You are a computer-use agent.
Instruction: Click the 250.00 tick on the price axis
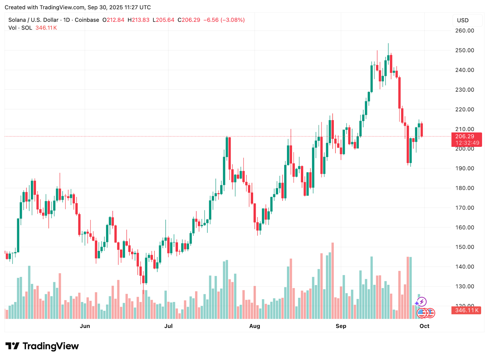(x=465, y=50)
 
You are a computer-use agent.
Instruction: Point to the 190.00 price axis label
(x=465, y=168)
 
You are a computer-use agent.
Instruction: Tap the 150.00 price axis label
(x=465, y=247)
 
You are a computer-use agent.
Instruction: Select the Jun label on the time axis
(x=85, y=326)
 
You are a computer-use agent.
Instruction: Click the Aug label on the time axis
(x=255, y=326)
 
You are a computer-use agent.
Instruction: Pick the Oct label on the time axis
(x=424, y=326)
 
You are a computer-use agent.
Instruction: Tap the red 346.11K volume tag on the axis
(x=466, y=310)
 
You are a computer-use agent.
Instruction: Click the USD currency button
(x=463, y=20)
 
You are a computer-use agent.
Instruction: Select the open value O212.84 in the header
(x=113, y=20)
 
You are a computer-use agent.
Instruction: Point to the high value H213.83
(x=138, y=20)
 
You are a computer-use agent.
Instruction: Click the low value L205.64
(x=164, y=20)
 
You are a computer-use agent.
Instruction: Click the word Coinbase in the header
(x=87, y=20)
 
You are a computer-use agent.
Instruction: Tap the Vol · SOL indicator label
(x=20, y=28)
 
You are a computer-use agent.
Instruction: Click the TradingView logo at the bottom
(x=42, y=346)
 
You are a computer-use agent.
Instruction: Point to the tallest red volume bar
(x=333, y=281)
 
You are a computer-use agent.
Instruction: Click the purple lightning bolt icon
(x=422, y=302)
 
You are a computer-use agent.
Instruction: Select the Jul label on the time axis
(x=168, y=326)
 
